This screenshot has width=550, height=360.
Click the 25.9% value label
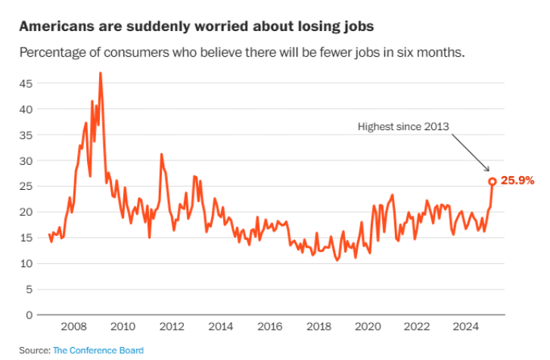(518, 181)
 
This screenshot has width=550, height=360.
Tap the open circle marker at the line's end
(492, 182)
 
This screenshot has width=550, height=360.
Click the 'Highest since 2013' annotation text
(404, 127)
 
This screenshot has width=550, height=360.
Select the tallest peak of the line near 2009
(101, 73)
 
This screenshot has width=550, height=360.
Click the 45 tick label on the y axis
(26, 83)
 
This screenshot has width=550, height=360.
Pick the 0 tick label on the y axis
(30, 315)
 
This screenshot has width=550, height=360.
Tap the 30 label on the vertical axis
(26, 160)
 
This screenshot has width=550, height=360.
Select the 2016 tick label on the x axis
(269, 327)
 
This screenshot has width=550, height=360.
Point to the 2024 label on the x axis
(464, 327)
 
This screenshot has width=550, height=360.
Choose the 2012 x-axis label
(171, 327)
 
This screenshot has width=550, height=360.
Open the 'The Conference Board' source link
(98, 350)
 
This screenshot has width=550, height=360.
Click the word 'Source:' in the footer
(35, 350)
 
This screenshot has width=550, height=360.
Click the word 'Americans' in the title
(55, 26)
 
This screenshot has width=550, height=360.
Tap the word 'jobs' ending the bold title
(357, 26)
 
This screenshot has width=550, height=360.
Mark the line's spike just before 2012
(161, 154)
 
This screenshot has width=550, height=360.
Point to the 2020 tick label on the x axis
(366, 327)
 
